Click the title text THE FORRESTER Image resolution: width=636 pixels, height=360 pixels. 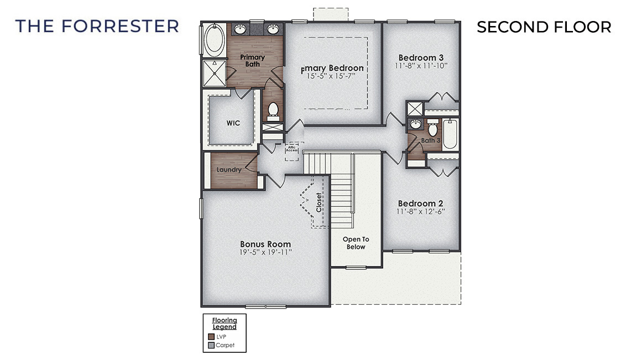tap(97, 26)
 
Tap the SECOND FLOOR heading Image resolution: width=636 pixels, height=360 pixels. tap(544, 27)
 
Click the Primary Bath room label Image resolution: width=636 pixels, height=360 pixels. tap(252, 60)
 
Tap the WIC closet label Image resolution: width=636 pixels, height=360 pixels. tap(233, 123)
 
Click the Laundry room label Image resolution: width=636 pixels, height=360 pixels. tap(229, 170)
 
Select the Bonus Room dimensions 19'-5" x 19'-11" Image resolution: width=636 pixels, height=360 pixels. tap(265, 252)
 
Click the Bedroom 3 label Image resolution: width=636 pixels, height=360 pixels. tap(421, 58)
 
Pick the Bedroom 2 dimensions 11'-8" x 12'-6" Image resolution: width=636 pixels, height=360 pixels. tap(421, 211)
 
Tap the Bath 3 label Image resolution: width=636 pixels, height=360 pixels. tap(431, 140)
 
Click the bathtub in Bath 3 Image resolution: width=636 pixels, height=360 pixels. tap(450, 134)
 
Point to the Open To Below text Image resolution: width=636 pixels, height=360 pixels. tap(356, 243)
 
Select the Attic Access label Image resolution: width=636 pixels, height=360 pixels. tap(291, 149)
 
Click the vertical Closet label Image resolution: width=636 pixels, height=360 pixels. tap(319, 202)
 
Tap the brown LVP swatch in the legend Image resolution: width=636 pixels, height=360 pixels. tap(211, 336)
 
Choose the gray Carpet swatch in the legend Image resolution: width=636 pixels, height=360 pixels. tap(211, 346)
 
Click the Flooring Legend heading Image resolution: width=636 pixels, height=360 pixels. tap(225, 323)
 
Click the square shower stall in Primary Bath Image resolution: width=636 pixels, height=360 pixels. tap(212, 73)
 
